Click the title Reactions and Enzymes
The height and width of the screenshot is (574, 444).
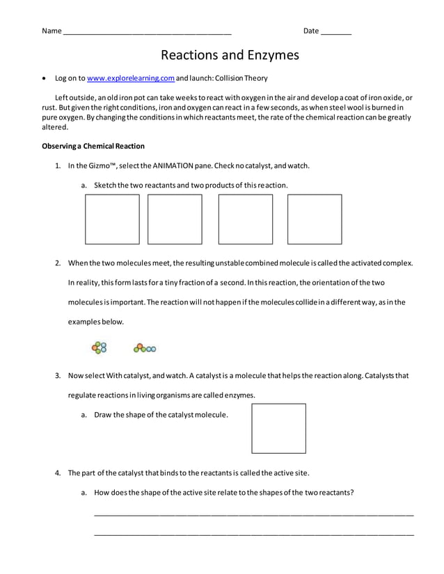pyautogui.click(x=230, y=55)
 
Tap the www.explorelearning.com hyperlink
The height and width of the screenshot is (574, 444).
pyautogui.click(x=131, y=79)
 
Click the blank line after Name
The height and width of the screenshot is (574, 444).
pyautogui.click(x=147, y=33)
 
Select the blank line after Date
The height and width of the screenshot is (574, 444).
pyautogui.click(x=336, y=33)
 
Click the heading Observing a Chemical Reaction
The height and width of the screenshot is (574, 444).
pyautogui.click(x=93, y=146)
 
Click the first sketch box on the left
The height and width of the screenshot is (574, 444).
pyautogui.click(x=112, y=219)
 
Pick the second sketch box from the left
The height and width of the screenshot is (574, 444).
pyautogui.click(x=175, y=219)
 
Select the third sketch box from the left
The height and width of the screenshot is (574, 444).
pyautogui.click(x=245, y=219)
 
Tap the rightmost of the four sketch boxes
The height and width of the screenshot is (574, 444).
pyautogui.click(x=315, y=219)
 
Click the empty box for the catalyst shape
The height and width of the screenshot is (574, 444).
pyautogui.click(x=278, y=428)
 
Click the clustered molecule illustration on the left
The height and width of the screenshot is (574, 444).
pyautogui.click(x=99, y=347)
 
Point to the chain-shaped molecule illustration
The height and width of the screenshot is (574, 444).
pyautogui.click(x=145, y=347)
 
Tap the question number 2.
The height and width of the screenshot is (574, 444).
pyautogui.click(x=58, y=263)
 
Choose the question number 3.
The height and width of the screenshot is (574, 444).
pyautogui.click(x=58, y=376)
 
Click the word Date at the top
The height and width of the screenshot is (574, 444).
pyautogui.click(x=311, y=31)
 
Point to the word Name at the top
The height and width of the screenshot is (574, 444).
pyautogui.click(x=51, y=31)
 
